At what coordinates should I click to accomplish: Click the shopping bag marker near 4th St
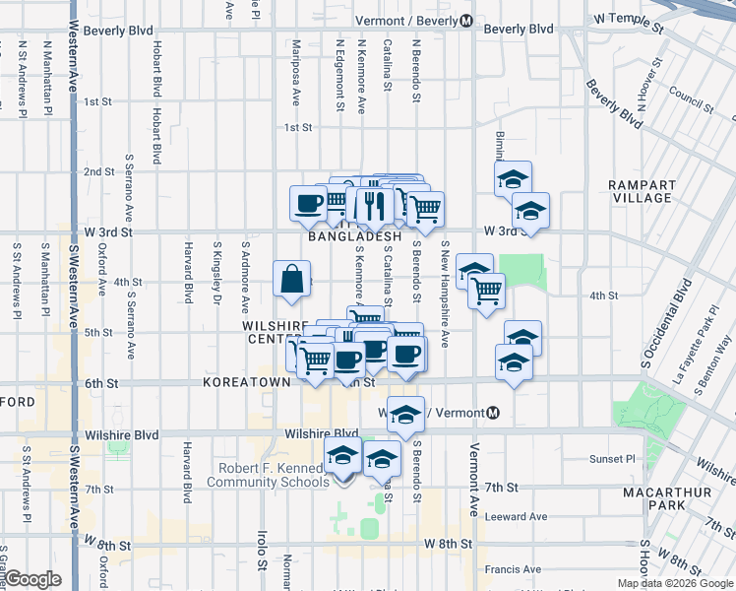[293, 280]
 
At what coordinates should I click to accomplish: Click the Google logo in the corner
[32, 579]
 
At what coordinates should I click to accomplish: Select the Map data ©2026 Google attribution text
[674, 583]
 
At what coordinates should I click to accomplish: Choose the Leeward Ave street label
[518, 516]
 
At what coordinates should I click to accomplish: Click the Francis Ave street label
[513, 568]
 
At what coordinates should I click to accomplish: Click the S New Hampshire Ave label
[445, 295]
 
